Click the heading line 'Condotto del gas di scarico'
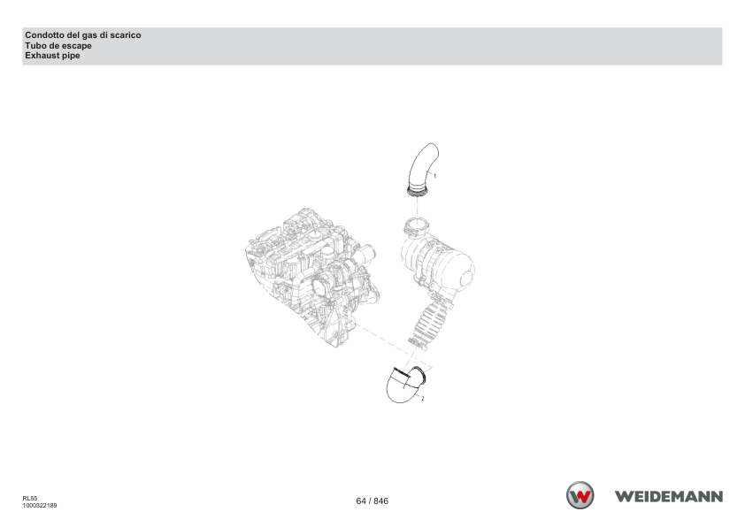click(x=82, y=35)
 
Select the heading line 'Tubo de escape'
click(x=58, y=46)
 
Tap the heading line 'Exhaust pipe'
click(x=52, y=56)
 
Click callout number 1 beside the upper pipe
click(x=434, y=176)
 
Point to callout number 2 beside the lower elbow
click(x=422, y=398)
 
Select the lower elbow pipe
click(x=405, y=386)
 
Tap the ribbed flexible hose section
click(x=428, y=324)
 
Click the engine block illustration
click(x=311, y=276)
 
